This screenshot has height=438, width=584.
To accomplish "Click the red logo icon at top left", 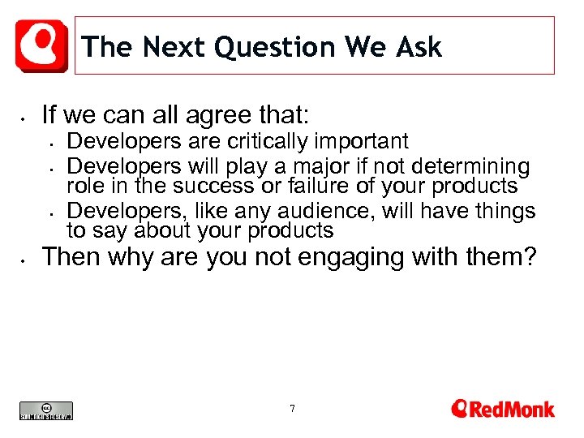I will pos(41,45).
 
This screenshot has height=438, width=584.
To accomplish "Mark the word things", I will pos(503,213).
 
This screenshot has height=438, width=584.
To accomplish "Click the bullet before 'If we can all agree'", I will pos(26,114).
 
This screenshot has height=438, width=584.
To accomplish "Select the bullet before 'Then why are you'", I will pos(26,259).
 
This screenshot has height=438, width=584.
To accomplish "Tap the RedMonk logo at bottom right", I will pos(502,408).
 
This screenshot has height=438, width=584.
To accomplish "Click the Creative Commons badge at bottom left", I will pos(46,410).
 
